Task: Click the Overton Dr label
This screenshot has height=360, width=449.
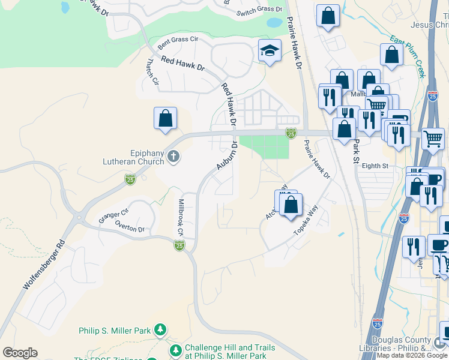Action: coord(130,229)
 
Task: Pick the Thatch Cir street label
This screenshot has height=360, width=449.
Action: coord(152,71)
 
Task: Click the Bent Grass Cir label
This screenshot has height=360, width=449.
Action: coord(177,43)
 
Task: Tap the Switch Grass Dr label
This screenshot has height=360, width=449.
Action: coord(259,10)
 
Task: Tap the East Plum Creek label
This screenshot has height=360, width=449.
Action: coord(408,57)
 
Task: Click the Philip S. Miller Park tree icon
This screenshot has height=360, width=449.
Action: coord(160,330)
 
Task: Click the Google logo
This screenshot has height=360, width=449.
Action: coord(20,353)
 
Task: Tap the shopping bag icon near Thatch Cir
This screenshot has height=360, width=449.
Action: coord(165,118)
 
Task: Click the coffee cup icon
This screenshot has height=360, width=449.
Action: coord(439,245)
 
